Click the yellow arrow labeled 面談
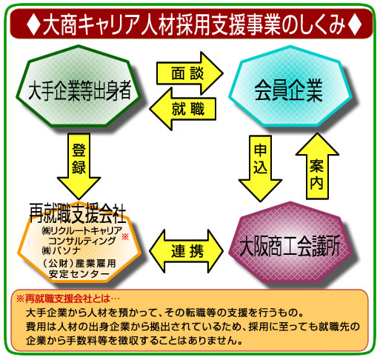[190, 73]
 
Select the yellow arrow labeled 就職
[183, 109]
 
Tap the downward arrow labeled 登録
[79, 166]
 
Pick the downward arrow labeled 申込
[260, 168]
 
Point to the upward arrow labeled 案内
[317, 166]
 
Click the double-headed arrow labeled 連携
[187, 251]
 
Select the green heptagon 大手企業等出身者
[79, 87]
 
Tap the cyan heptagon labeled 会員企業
[290, 87]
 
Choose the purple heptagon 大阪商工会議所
[290, 243]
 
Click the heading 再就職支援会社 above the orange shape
[78, 213]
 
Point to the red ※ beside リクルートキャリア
[125, 236]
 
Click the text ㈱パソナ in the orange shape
[61, 250]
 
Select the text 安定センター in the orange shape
[79, 274]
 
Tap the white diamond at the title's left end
[33, 24]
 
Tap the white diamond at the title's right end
[355, 24]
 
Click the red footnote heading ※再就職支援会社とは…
[67, 299]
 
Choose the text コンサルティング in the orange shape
[82, 241]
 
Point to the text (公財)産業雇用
[79, 264]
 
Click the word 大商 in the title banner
[60, 24]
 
